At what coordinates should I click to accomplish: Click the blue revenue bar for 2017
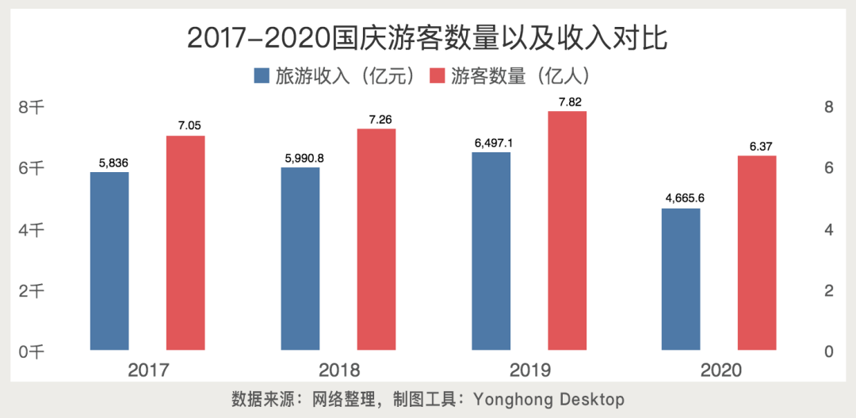point(109,261)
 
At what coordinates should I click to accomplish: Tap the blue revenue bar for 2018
point(300,259)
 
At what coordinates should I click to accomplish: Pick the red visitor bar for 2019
point(567,230)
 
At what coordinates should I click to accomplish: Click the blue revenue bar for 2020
point(681,279)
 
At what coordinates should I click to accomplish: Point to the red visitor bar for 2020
point(757,252)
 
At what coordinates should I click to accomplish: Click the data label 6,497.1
point(491,143)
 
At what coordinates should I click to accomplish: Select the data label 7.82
point(567,102)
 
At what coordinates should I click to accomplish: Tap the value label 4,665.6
point(682,198)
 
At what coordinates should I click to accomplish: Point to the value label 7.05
point(186,126)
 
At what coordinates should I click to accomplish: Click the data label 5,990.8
point(301,158)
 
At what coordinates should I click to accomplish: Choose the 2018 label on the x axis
point(338,370)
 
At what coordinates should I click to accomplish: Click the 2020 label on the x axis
point(719,370)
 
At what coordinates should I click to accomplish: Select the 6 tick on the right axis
point(829,168)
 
